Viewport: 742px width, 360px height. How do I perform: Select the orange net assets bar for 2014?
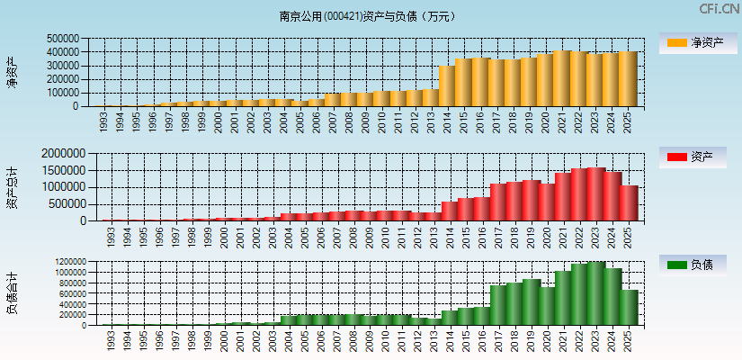click(447, 85)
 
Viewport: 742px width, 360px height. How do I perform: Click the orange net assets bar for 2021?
click(562, 78)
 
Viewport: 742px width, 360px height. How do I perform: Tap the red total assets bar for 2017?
click(497, 202)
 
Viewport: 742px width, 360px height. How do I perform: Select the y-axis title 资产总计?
click(12, 187)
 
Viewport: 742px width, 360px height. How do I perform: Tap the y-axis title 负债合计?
click(12, 293)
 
